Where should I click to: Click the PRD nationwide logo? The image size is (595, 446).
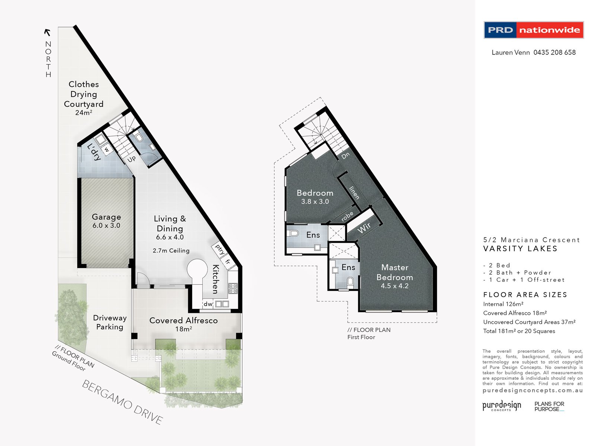coord(534,30)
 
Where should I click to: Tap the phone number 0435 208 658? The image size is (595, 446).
coord(554,52)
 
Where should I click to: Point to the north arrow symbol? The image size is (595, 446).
coord(48,32)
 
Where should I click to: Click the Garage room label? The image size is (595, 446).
coord(106,217)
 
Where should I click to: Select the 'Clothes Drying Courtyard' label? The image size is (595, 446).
coord(84,94)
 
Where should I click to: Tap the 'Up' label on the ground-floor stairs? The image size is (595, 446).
coord(132,159)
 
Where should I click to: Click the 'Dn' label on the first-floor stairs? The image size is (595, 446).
coord(345,156)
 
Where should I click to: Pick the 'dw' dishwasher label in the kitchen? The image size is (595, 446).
coord(208,304)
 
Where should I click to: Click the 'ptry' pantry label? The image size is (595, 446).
coord(220,249)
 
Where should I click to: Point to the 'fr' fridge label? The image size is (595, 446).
coord(228,261)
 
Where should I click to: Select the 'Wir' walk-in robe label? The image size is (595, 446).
coord(364,228)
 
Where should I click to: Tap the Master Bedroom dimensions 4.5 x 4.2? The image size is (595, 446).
coord(395,286)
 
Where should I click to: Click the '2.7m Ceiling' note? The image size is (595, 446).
coord(171,251)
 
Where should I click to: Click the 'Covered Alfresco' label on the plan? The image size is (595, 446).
coord(183,321)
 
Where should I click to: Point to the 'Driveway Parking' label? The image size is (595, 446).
coord(110,322)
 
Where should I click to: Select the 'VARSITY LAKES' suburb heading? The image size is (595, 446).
coord(520,249)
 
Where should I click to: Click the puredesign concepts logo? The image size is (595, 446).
coord(502,406)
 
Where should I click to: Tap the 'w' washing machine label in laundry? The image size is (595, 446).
coord(106,149)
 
